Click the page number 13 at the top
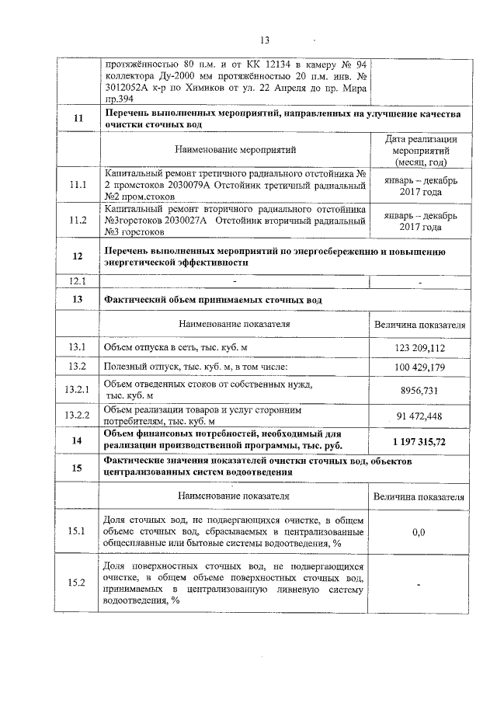point(263,41)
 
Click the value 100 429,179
point(419,366)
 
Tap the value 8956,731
point(419,391)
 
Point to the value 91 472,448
point(419,417)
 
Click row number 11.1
point(77,186)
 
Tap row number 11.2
point(77,221)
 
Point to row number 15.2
point(77,584)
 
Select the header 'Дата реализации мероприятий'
point(419,150)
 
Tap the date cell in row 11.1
point(419,186)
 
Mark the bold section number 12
point(77,256)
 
